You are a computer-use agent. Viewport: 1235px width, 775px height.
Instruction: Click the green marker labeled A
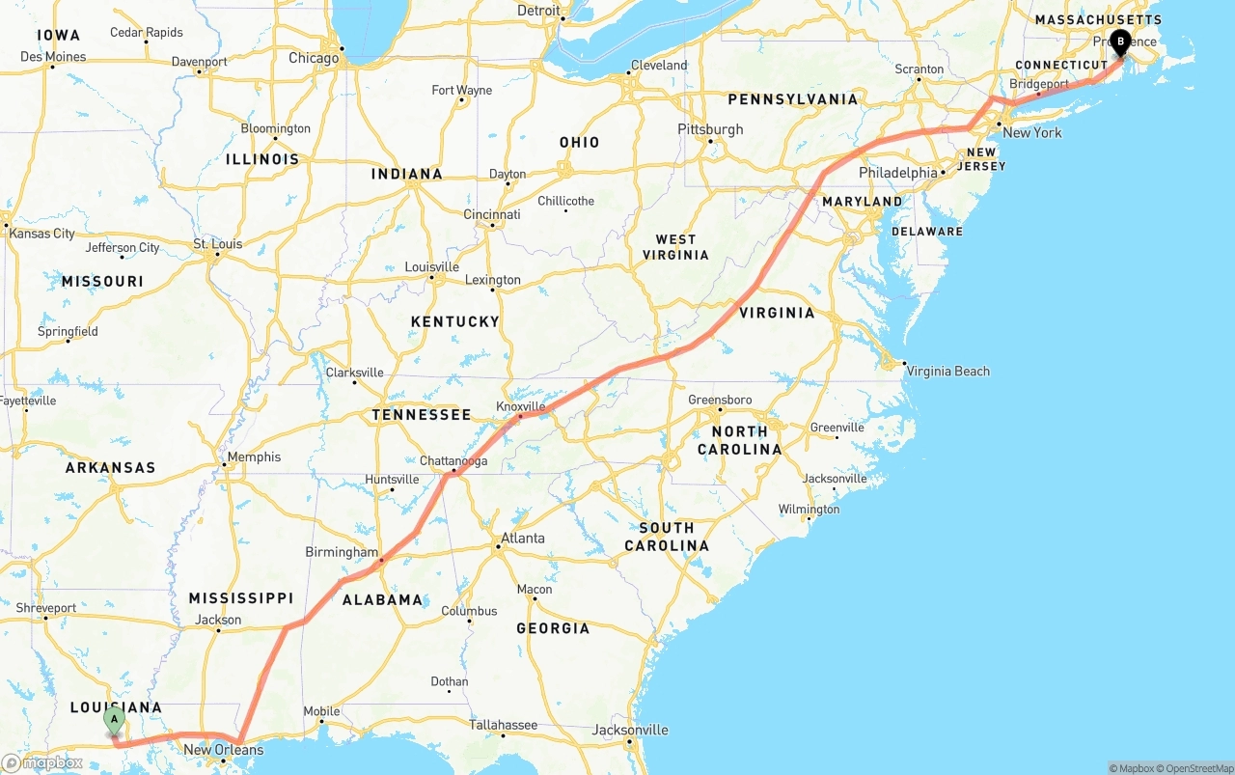114,720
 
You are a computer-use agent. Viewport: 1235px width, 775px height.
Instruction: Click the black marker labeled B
1120,42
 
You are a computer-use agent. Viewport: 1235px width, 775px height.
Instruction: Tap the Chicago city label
314,58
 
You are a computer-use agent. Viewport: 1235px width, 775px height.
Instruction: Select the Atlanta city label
522,539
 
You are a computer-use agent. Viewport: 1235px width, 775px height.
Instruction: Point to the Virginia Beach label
947,372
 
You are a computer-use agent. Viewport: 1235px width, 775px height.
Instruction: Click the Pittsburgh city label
710,129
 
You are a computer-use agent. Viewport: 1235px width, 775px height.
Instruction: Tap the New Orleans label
223,750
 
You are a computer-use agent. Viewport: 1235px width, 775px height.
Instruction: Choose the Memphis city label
254,457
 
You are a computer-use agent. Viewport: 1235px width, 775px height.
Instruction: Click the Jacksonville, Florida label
630,730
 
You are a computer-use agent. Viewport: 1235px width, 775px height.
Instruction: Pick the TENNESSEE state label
422,415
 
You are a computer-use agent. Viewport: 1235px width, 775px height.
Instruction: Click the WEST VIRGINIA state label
675,247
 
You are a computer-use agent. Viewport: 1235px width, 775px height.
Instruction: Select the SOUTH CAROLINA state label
666,537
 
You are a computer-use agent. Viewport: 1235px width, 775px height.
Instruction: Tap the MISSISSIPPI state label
240,598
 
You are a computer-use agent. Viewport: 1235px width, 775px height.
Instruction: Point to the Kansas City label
41,234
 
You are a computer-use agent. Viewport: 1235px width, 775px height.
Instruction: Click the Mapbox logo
42,762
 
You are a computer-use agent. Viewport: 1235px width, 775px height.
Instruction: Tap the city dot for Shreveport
45,619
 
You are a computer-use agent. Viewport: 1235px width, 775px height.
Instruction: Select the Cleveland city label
659,66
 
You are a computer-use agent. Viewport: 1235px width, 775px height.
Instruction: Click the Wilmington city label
810,510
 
